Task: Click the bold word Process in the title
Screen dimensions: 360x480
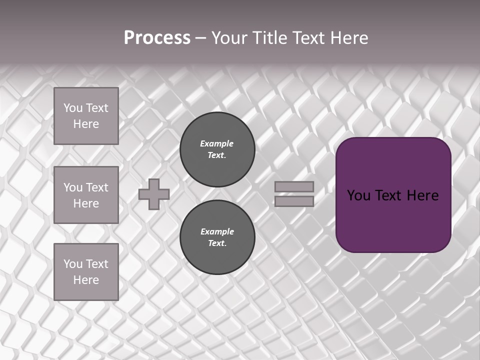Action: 157,38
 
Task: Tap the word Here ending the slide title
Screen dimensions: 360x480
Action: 348,38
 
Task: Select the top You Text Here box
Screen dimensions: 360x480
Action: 86,116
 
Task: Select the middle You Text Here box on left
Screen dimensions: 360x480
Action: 86,195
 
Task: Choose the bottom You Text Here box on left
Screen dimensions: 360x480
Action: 86,272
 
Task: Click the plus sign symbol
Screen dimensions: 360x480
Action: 154,194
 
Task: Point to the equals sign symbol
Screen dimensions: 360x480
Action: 294,194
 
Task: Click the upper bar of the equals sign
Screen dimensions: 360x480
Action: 294,186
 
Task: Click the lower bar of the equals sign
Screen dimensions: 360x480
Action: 294,201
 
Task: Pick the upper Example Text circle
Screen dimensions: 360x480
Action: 217,149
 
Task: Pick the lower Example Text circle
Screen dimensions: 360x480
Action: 217,237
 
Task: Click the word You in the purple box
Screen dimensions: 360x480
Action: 359,195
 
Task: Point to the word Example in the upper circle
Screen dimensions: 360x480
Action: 216,143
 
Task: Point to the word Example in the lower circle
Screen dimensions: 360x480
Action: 217,231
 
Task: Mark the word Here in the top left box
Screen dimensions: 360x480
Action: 86,124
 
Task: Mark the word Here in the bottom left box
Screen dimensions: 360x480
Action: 86,280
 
